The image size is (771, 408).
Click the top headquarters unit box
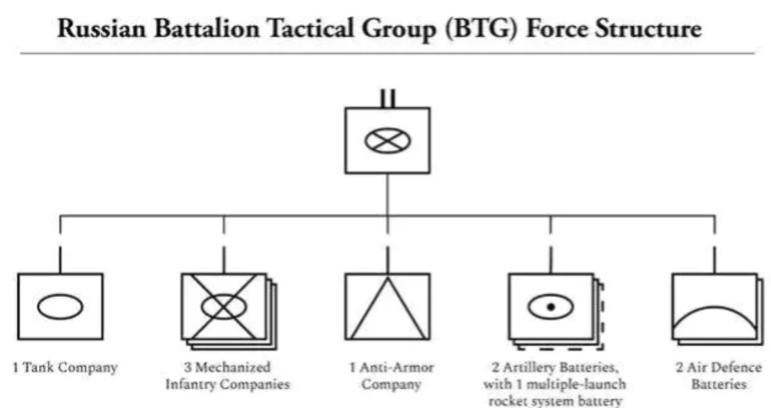click(x=387, y=141)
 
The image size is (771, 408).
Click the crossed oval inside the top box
click(x=387, y=141)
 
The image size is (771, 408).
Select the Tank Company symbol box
click(x=60, y=307)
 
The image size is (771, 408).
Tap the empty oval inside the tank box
click(x=60, y=307)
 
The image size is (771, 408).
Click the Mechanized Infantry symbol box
click(x=223, y=307)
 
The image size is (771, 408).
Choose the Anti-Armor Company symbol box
click(x=387, y=307)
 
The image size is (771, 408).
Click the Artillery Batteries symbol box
click(x=551, y=307)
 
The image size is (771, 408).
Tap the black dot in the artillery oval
click(x=551, y=307)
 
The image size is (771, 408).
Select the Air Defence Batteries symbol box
click(x=714, y=307)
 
